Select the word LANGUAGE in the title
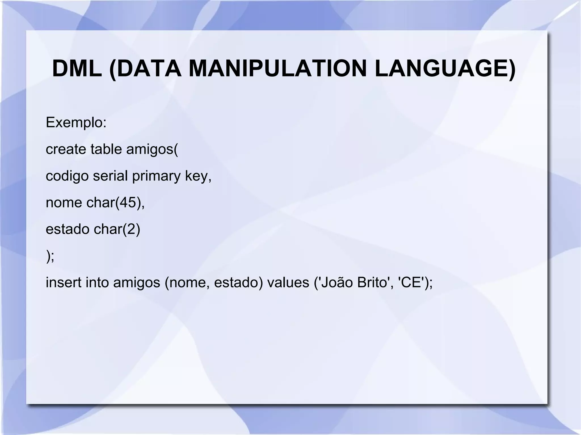point(444,69)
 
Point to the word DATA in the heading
point(149,69)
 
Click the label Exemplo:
point(76,123)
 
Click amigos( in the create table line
point(152,149)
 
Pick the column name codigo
point(67,176)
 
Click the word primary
point(156,176)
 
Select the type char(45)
point(113,203)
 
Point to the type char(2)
point(117,229)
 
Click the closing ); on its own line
point(50,256)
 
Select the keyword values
point(288,283)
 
